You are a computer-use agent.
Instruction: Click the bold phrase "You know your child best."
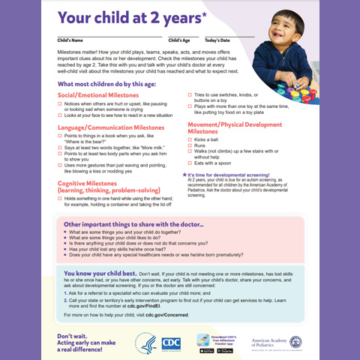tap(94, 273)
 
